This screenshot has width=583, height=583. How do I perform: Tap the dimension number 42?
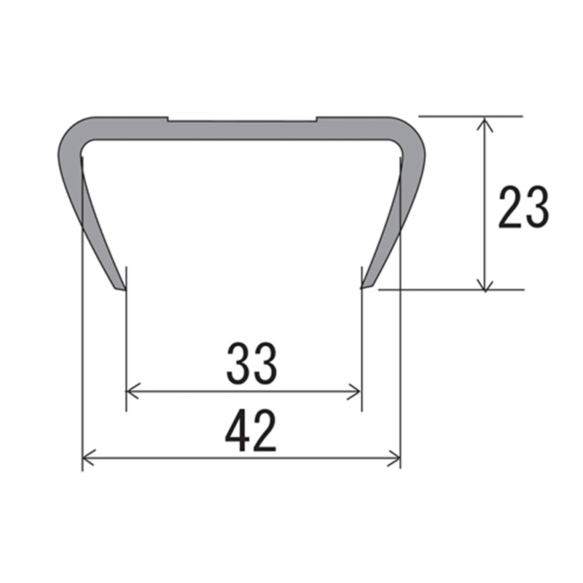tap(251, 431)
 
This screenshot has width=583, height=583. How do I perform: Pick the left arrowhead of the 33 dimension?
tap(133, 391)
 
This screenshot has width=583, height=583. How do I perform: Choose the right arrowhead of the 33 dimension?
tap(354, 392)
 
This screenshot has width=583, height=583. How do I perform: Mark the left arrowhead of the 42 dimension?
tap(89, 458)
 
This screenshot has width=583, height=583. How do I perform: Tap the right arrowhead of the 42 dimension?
tap(394, 458)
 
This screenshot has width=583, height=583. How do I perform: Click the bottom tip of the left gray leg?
tap(125, 290)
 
